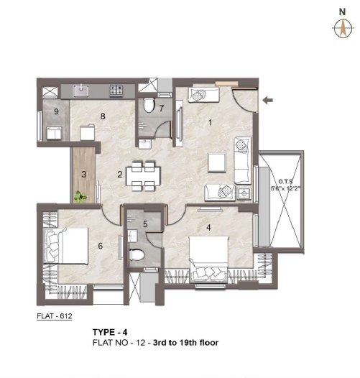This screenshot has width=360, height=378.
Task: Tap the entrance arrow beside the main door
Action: [x=267, y=100]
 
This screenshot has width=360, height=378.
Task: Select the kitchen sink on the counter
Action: [x=81, y=91]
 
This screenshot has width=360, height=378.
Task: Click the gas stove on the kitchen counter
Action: [x=116, y=91]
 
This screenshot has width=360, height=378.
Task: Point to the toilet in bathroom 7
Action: [x=149, y=105]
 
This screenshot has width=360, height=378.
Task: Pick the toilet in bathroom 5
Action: [x=137, y=255]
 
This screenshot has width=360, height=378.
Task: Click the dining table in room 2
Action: [x=143, y=176]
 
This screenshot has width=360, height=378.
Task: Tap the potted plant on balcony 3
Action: [x=80, y=197]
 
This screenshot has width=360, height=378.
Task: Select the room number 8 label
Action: [x=103, y=116]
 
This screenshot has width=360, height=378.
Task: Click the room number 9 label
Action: [x=57, y=111]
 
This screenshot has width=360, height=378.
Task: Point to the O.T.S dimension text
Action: [x=286, y=185]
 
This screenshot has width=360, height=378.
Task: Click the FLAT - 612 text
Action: [x=55, y=316]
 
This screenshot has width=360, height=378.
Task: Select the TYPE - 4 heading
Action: [x=110, y=332]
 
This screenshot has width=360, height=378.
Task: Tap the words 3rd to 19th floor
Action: [x=185, y=343]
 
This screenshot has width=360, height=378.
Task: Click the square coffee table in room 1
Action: [x=217, y=162]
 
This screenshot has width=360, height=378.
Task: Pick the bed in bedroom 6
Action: [x=65, y=245]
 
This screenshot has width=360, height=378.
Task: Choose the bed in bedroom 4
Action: [x=208, y=259]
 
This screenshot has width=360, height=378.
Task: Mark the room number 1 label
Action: [x=211, y=123]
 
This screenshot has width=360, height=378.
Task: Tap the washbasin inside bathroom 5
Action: [x=132, y=236]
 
